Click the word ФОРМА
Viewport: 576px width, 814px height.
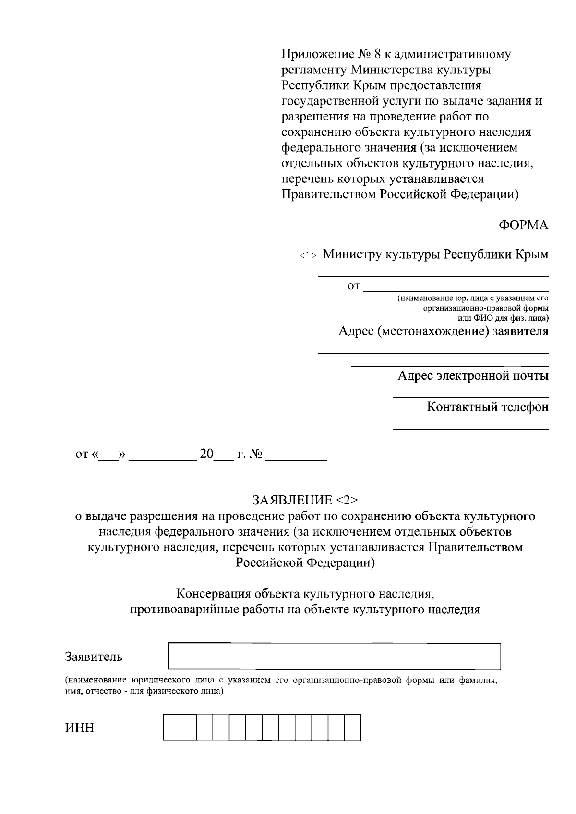pyautogui.click(x=523, y=225)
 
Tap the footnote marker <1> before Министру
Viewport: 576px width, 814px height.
pyautogui.click(x=308, y=256)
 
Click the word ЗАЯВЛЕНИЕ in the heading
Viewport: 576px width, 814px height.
pyautogui.click(x=292, y=501)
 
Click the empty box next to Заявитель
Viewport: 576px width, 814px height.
pyautogui.click(x=334, y=656)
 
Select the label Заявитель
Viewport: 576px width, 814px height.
pyautogui.click(x=94, y=657)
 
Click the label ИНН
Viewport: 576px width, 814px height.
pyautogui.click(x=80, y=728)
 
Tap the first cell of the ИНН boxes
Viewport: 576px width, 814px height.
pyautogui.click(x=171, y=727)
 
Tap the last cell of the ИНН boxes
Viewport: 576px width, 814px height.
pyautogui.click(x=352, y=727)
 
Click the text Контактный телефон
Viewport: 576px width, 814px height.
pyautogui.click(x=488, y=407)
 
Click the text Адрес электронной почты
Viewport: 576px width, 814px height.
pyautogui.click(x=473, y=376)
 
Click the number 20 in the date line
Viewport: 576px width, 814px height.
pyautogui.click(x=206, y=454)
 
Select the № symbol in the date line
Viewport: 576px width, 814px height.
pyautogui.click(x=256, y=454)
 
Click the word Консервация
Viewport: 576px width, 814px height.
pyautogui.click(x=214, y=594)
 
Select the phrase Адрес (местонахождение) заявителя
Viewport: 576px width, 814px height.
pyautogui.click(x=443, y=331)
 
